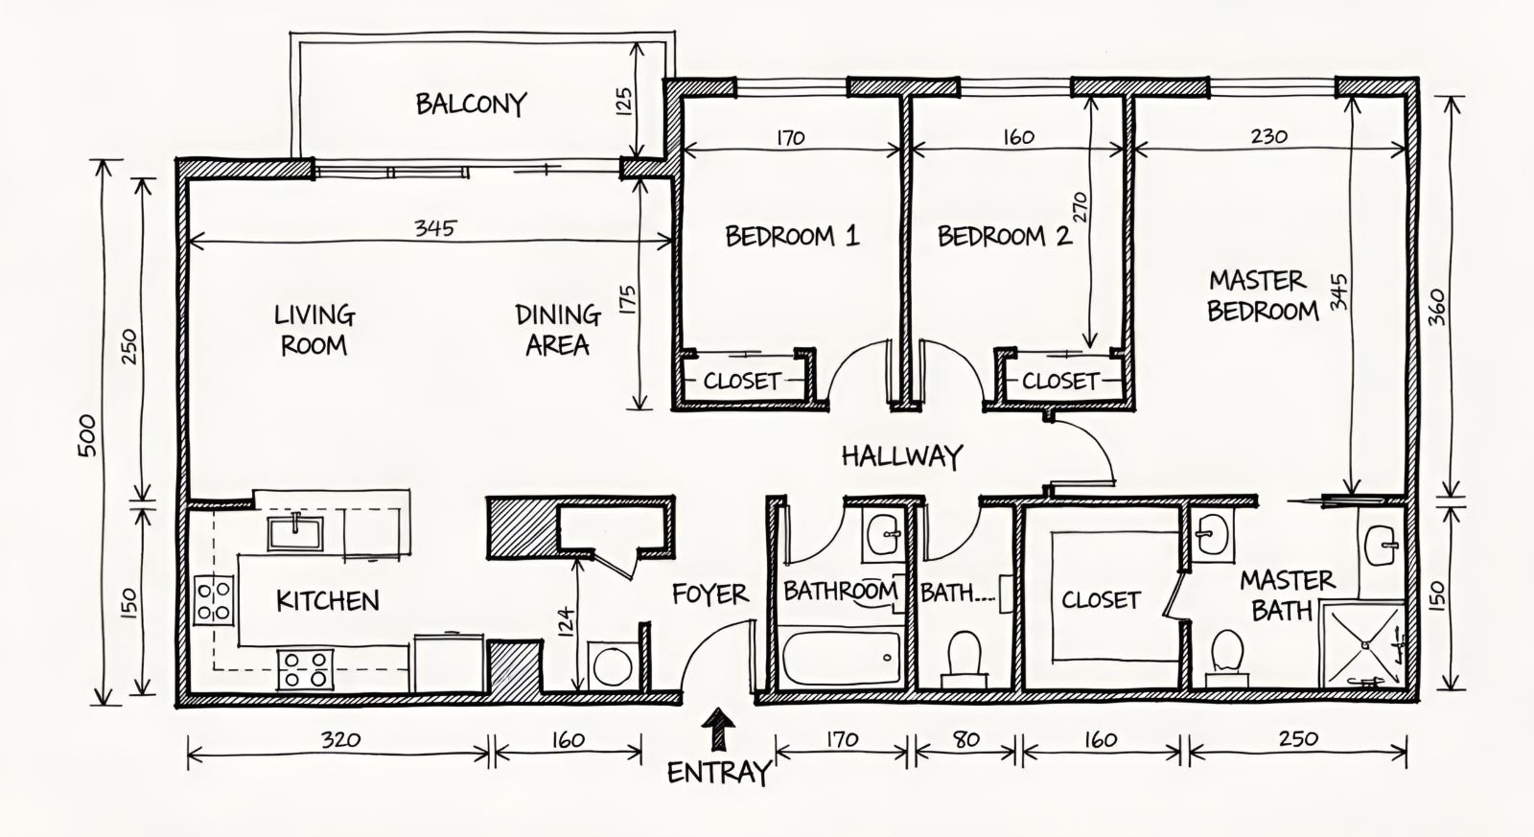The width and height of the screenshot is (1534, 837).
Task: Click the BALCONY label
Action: (x=471, y=105)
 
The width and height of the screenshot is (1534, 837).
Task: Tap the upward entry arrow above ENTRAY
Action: (x=718, y=731)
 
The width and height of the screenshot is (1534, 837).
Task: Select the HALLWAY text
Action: (x=902, y=456)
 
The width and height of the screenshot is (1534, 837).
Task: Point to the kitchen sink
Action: (x=295, y=533)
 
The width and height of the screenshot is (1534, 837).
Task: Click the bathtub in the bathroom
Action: (x=841, y=658)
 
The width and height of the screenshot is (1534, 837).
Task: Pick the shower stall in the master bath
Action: (x=1362, y=645)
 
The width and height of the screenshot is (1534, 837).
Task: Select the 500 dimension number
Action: (x=87, y=435)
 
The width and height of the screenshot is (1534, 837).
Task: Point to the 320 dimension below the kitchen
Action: (x=340, y=740)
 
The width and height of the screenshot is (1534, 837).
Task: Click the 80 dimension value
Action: (x=965, y=740)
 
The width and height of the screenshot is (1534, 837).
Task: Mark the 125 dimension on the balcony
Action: (x=623, y=101)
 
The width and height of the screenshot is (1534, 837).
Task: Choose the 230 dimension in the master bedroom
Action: (x=1269, y=136)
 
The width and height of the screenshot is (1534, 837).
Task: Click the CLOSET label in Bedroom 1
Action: (x=742, y=381)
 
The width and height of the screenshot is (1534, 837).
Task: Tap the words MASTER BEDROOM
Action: (x=1262, y=296)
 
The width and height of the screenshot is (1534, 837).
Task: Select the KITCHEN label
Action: (x=327, y=601)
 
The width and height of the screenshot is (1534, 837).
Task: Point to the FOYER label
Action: (x=710, y=593)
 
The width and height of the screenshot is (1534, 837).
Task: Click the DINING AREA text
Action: (x=558, y=330)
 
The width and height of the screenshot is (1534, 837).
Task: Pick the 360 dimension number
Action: (x=1437, y=307)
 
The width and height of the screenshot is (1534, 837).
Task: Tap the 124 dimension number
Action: (x=565, y=621)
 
